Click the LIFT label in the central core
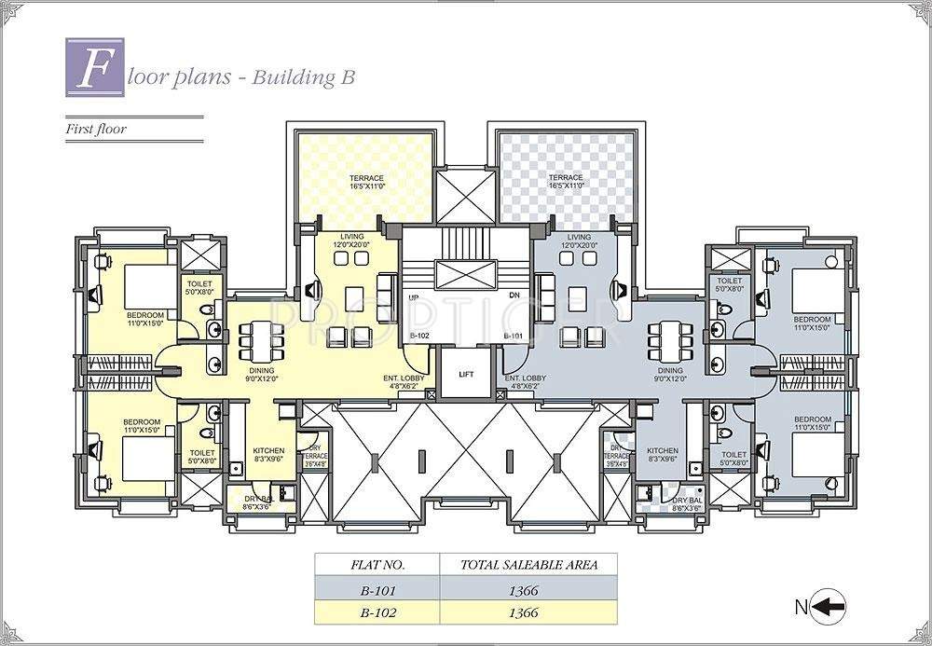466,374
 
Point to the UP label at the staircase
413,297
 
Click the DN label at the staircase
514,297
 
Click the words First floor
95,130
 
